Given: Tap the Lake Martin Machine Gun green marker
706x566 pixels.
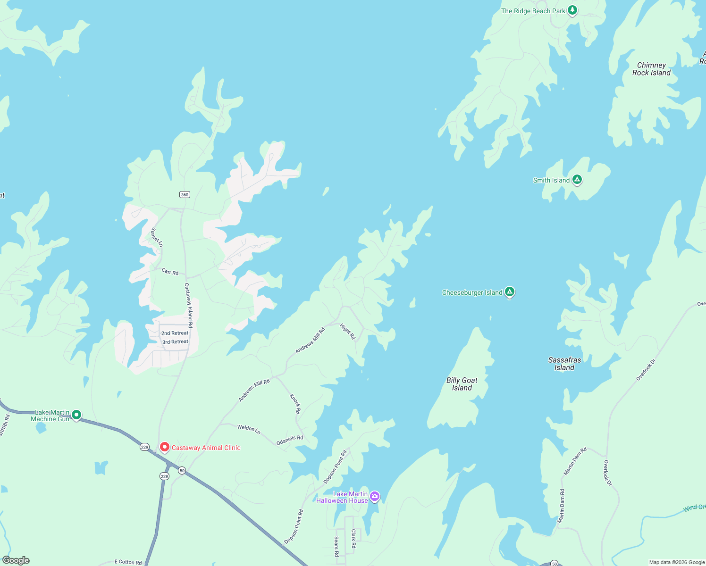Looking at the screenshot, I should [76, 415].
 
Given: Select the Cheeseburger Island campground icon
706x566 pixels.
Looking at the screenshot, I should [509, 292].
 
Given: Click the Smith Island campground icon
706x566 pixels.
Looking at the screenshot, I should [577, 180].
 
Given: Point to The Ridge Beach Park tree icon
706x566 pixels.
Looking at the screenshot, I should [572, 10].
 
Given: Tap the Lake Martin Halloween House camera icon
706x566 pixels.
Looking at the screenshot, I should [375, 496].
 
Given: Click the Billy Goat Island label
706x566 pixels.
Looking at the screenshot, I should [462, 384].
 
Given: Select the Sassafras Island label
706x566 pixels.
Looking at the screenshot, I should [564, 364].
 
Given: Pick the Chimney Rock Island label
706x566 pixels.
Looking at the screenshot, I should [651, 69].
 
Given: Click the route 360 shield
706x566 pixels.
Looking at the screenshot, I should [185, 194].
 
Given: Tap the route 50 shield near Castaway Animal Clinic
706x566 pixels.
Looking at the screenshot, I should [182, 470].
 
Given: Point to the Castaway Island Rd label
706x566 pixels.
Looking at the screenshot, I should [188, 305].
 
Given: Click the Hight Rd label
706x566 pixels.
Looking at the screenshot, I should [348, 331].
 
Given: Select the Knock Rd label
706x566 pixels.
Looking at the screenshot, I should [295, 404].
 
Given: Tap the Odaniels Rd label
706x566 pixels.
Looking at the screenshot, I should [290, 440].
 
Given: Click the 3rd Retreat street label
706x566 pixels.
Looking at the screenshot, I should [175, 341].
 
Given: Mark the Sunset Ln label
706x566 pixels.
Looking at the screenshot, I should [157, 237].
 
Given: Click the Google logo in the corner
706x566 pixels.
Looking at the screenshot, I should [16, 560].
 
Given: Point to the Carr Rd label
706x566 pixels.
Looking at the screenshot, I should [170, 272].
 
